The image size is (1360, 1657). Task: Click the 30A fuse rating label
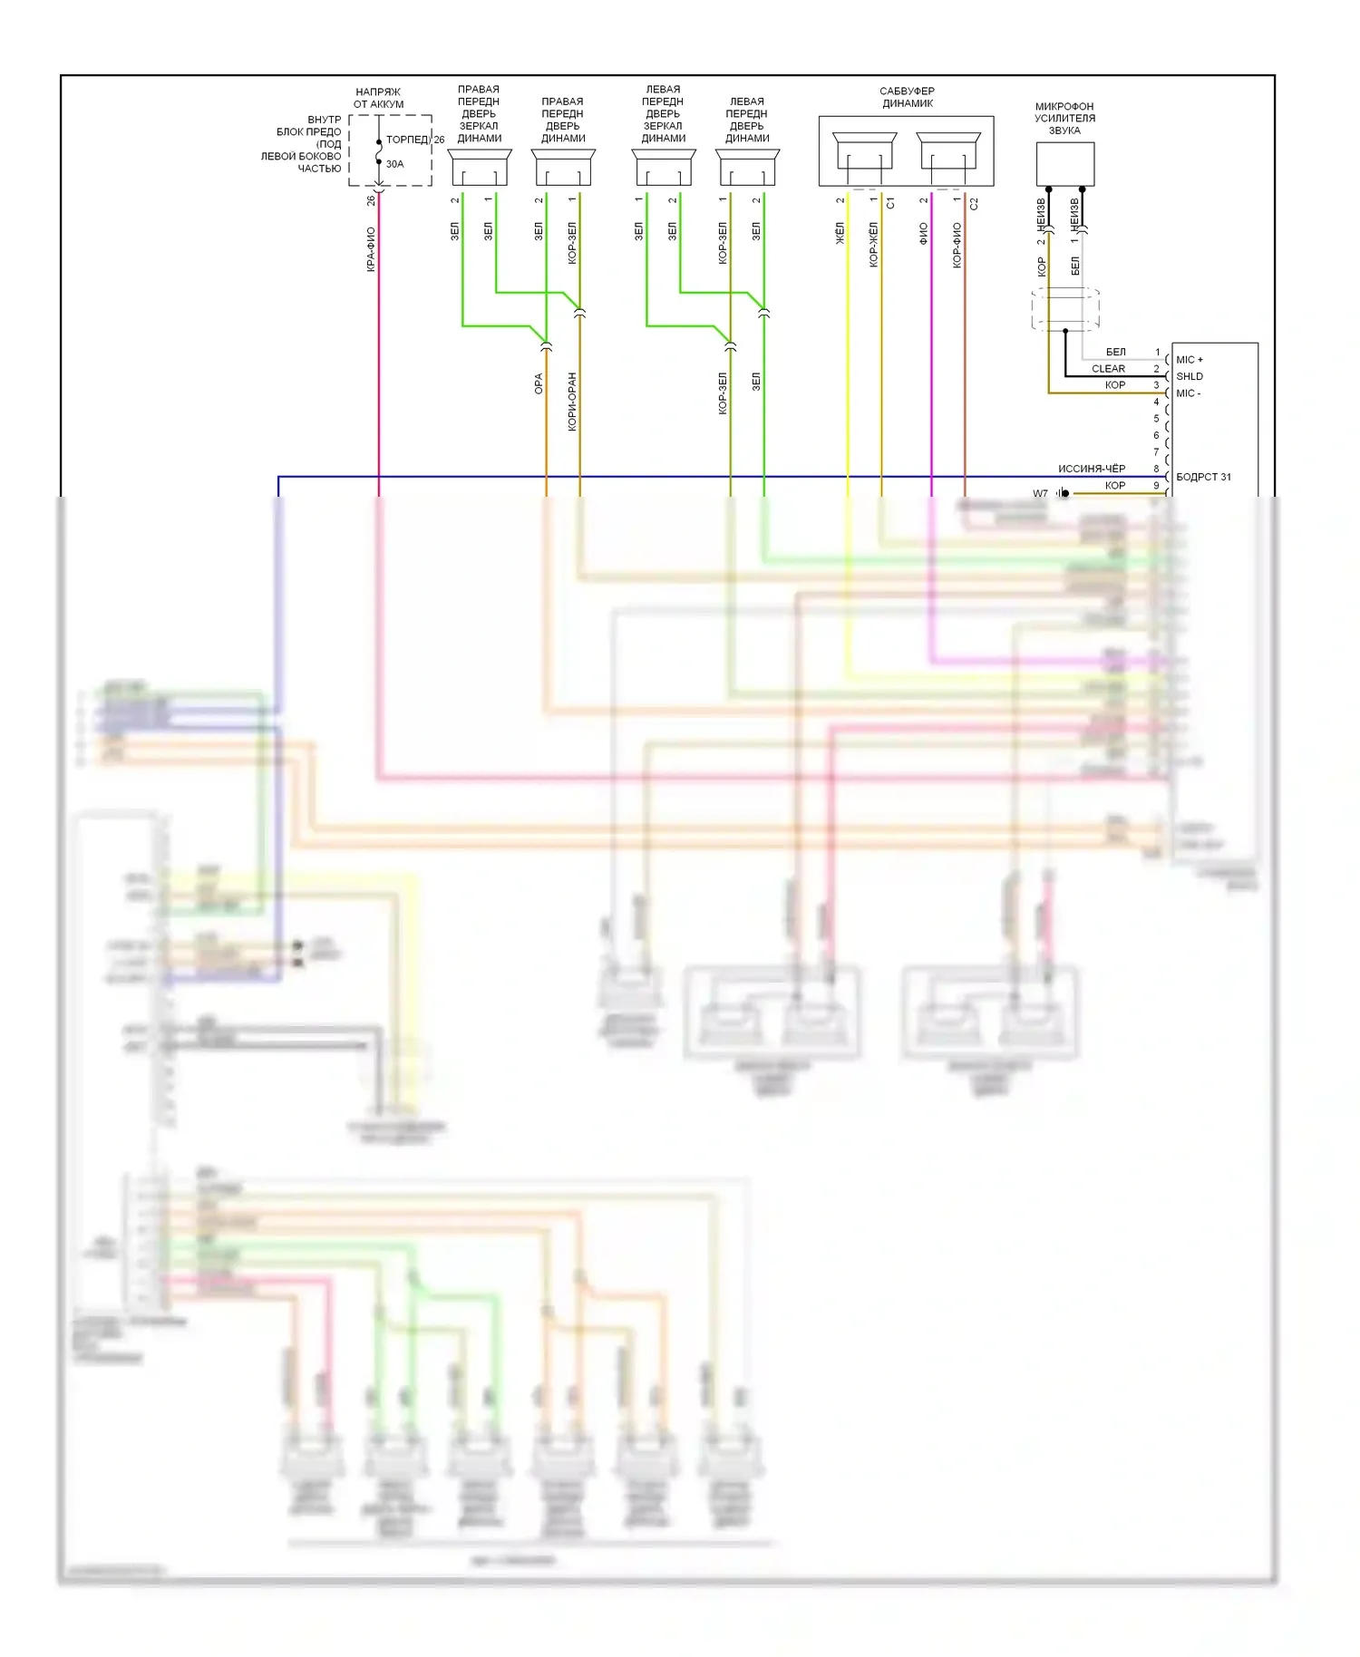394,164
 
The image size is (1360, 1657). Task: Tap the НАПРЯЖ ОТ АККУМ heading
379,98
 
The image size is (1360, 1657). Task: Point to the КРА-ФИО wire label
371,249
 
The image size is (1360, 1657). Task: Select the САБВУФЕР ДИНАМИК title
907,97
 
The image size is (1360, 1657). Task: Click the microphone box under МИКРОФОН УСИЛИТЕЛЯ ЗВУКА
1064,164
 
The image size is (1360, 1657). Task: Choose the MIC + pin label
1190,360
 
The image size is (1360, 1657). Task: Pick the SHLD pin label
1190,376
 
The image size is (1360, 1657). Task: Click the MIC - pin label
1188,393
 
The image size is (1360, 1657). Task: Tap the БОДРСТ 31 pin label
1203,477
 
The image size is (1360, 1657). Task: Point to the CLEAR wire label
1108,369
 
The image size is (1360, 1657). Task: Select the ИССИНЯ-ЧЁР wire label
1092,469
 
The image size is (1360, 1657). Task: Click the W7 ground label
1040,494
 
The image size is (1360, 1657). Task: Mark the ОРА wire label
539,383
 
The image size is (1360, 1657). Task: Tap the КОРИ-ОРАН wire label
572,402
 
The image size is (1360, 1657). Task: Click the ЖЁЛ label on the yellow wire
840,233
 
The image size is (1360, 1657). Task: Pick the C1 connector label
890,203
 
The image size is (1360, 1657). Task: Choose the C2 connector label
974,203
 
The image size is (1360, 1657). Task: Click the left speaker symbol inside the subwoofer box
864,151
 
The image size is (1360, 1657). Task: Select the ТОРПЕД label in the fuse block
407,140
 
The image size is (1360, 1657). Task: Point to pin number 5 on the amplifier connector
1156,419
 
